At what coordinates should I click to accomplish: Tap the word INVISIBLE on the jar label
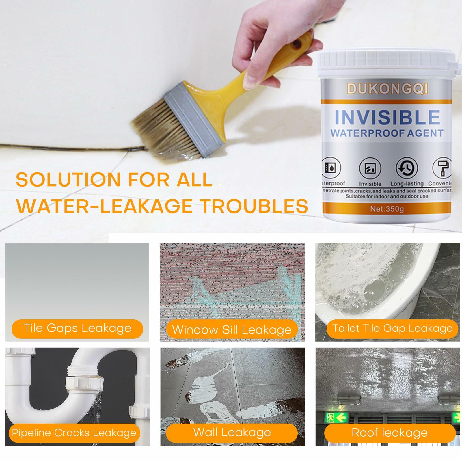pos(387,117)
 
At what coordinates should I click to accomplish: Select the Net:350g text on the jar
pos(387,209)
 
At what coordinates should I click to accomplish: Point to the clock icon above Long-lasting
pos(407,168)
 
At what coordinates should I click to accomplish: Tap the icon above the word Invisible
pos(370,168)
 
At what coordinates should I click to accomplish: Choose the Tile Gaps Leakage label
pos(77,329)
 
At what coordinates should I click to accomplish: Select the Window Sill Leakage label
pos(232,330)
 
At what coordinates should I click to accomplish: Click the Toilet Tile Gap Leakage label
pos(392,329)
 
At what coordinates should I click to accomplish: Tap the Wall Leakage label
pos(232,433)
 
